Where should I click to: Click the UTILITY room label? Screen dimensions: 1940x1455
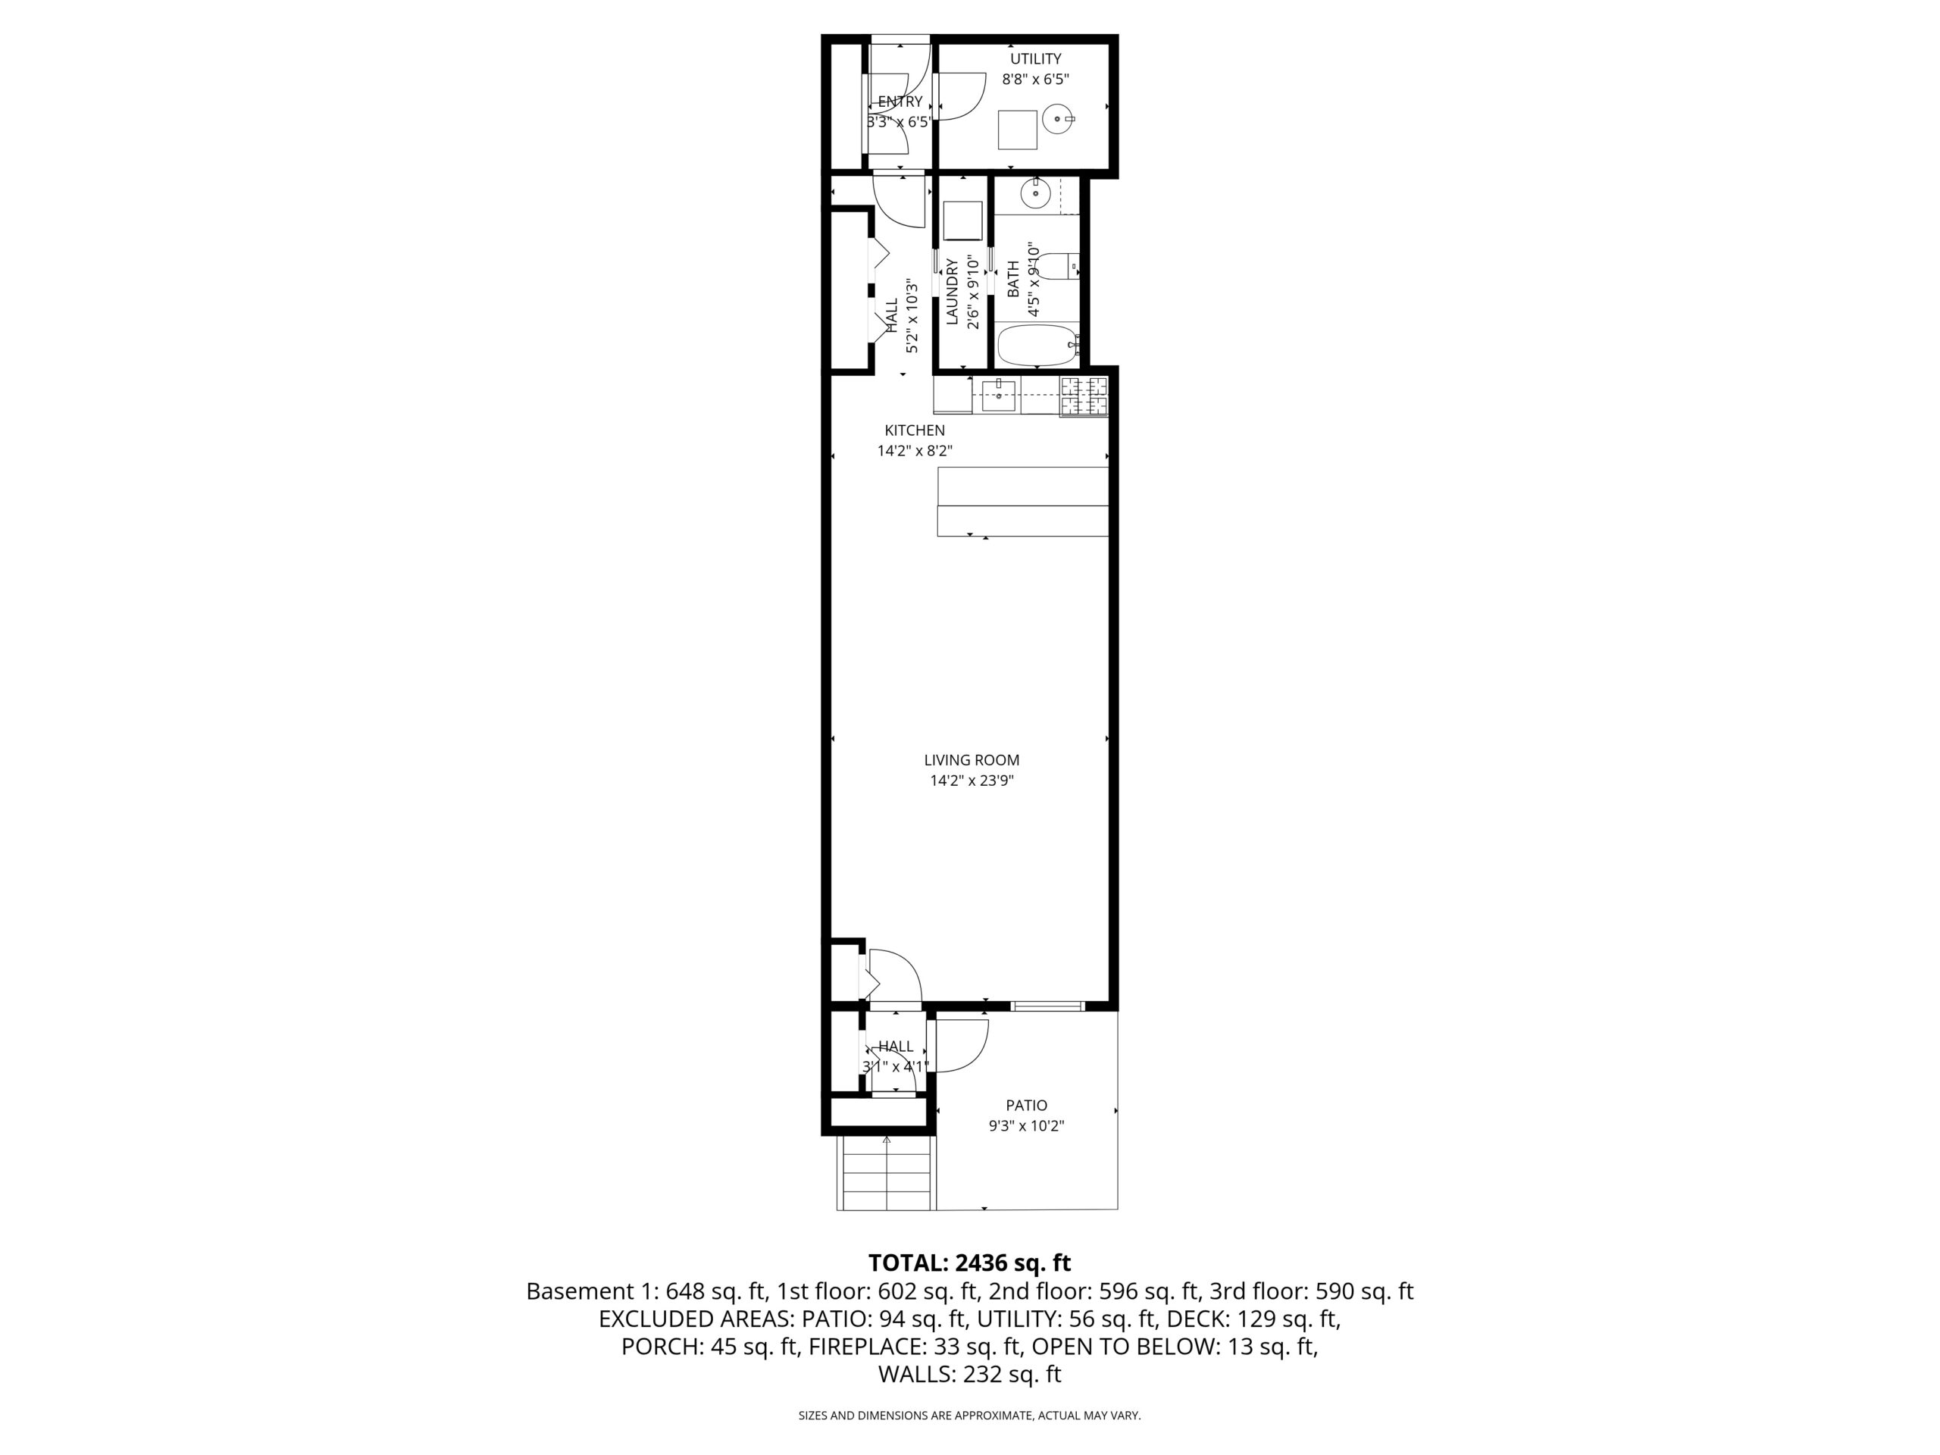(x=1035, y=59)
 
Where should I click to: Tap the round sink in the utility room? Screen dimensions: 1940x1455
(x=1059, y=118)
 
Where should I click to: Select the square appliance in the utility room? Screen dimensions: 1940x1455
(x=1017, y=130)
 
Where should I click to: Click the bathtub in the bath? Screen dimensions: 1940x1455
(x=1037, y=346)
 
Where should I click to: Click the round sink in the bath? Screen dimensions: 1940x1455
(x=1036, y=192)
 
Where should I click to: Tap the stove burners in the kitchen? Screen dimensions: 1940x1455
(x=1084, y=396)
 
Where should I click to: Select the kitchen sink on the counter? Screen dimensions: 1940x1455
(x=998, y=396)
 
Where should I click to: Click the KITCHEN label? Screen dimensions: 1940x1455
(x=915, y=430)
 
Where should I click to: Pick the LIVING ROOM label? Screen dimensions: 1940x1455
(x=972, y=760)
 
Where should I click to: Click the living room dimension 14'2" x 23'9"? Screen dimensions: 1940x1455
(x=972, y=781)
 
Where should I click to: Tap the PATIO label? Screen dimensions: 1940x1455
(x=1026, y=1106)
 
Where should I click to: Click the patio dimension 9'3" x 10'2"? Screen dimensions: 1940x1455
(x=1026, y=1126)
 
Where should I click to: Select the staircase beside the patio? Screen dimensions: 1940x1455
(x=886, y=1172)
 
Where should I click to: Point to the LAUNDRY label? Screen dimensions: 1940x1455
(x=953, y=292)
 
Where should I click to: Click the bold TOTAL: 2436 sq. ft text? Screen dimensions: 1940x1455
(x=969, y=1263)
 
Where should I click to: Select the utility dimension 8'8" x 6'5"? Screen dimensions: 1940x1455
(x=1035, y=79)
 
